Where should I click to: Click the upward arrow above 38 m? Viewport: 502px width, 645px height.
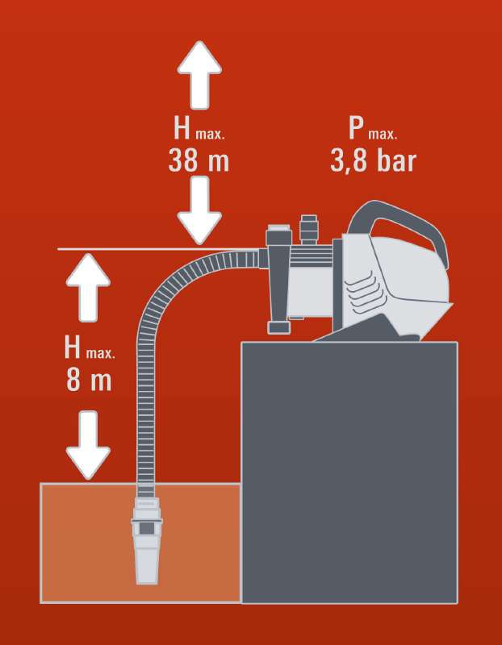pos(199,75)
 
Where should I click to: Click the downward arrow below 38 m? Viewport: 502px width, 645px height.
pos(199,210)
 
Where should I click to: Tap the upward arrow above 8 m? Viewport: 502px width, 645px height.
pos(88,287)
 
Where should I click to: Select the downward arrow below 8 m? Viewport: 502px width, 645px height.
pos(88,445)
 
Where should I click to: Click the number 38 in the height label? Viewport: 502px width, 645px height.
pos(183,160)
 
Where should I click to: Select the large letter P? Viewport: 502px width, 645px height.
pos(357,127)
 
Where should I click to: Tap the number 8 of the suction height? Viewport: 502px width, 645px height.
pos(73,380)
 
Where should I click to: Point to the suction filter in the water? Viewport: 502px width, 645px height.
pos(147,540)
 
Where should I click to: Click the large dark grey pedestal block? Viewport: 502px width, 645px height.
pos(349,472)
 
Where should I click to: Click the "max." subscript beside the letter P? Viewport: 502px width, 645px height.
pos(383,135)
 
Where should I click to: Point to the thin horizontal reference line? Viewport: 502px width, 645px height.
pos(158,249)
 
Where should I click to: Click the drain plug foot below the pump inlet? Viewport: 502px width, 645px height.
pos(279,327)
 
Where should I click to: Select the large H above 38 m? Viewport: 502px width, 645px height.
pos(182,127)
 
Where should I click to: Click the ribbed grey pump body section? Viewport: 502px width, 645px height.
pos(312,254)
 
